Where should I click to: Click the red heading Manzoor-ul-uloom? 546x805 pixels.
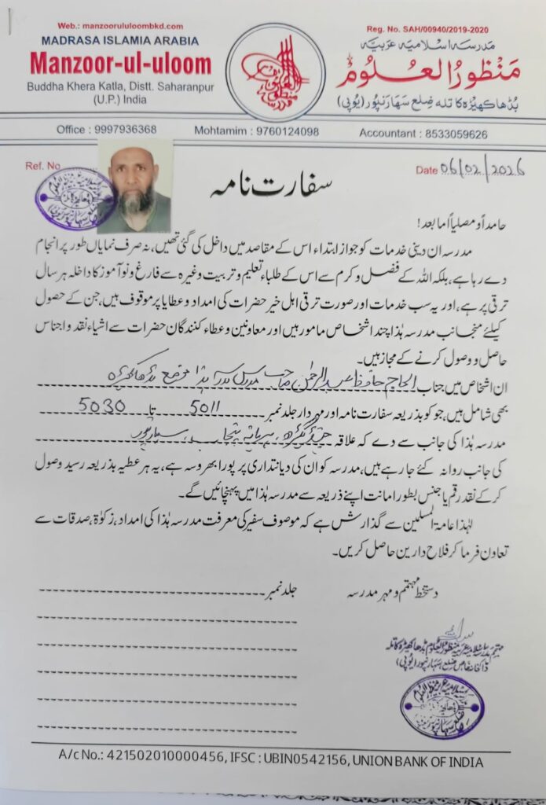click(121, 64)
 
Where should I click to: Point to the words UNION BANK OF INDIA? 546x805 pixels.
click(418, 761)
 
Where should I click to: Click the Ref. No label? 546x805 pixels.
click(42, 167)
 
